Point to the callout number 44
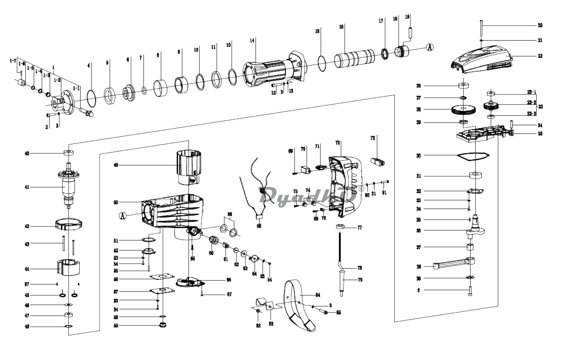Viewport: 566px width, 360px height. tap(27, 269)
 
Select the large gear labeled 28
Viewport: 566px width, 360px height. tap(464, 110)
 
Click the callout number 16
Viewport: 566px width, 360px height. tap(341, 27)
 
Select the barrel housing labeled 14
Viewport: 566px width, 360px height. tap(272, 70)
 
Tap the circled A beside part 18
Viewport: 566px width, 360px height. tap(430, 47)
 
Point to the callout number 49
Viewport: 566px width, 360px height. tap(116, 165)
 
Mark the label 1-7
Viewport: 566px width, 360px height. tap(13, 61)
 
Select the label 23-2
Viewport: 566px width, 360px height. tap(531, 103)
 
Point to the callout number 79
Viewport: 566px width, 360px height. tap(360, 280)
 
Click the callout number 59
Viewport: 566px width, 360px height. tap(115, 326)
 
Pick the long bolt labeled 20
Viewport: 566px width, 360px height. tap(481, 30)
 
